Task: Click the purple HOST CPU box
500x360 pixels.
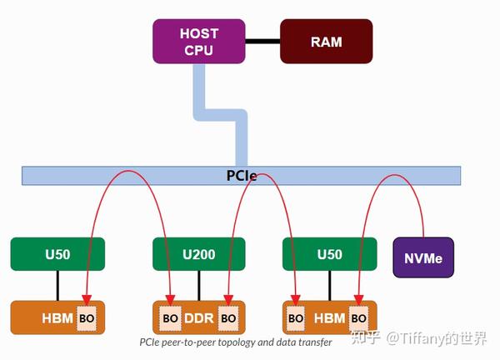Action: click(x=198, y=42)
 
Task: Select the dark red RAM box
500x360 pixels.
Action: click(x=325, y=42)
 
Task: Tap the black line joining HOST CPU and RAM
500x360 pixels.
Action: click(x=262, y=41)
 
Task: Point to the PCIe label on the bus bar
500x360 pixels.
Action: click(x=242, y=176)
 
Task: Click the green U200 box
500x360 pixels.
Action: click(x=199, y=254)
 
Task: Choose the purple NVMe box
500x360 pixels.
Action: click(x=423, y=257)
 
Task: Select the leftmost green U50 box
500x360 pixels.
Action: click(x=57, y=254)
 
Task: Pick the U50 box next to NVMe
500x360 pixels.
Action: click(x=329, y=254)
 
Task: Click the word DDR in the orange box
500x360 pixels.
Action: click(x=199, y=318)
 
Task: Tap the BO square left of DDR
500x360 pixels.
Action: click(x=171, y=318)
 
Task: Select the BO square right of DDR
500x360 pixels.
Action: click(x=228, y=318)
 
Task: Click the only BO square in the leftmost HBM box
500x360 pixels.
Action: click(x=87, y=318)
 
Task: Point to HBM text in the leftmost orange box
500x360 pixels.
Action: click(x=57, y=318)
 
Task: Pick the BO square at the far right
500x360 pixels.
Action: click(x=358, y=318)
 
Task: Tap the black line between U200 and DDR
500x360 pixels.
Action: click(x=199, y=285)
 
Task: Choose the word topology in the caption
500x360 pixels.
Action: click(x=232, y=342)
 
